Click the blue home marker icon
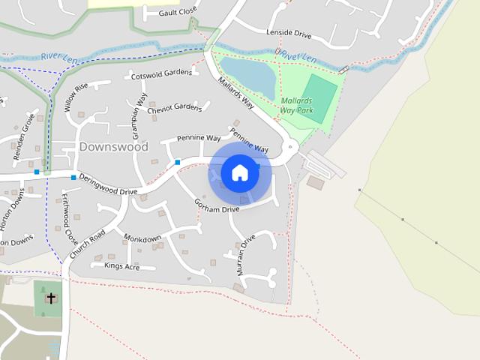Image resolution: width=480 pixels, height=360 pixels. click(239, 172)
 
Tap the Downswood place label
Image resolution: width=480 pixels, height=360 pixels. click(113, 146)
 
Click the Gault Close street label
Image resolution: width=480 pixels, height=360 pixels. click(177, 12)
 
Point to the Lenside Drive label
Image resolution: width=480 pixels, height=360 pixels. click(288, 34)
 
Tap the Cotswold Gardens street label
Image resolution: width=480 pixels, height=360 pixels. click(161, 74)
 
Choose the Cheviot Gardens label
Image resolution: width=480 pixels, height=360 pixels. click(175, 109)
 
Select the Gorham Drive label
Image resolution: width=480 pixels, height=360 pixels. click(216, 206)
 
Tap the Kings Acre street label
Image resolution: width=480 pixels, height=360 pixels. click(121, 266)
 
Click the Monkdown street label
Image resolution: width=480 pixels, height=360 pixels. click(142, 238)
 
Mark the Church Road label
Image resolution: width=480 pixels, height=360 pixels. click(86, 244)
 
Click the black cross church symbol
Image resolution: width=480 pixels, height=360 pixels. click(51, 298)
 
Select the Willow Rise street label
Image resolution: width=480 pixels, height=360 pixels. click(76, 97)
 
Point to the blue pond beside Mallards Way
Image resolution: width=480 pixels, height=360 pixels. click(247, 76)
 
